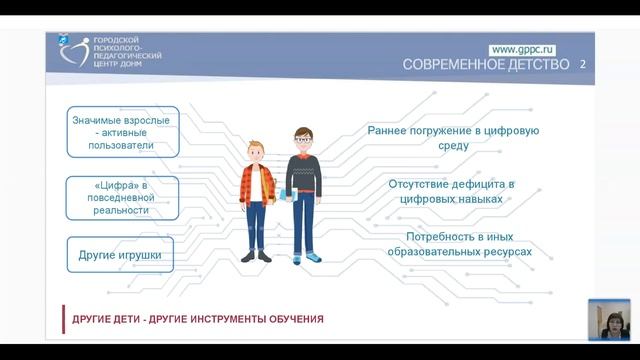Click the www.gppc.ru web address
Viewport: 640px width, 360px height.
pos(523,49)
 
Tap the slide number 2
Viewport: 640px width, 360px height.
pos(583,65)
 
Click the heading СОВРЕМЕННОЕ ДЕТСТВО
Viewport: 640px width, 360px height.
pos(486,65)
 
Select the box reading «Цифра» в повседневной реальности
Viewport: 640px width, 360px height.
pos(122,198)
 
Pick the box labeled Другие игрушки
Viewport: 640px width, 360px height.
pos(120,255)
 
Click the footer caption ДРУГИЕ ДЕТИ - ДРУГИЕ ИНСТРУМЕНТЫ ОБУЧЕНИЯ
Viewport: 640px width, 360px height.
pos(197,319)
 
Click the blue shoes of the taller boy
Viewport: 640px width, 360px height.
pos(312,257)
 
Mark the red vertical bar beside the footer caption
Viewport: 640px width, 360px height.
pos(63,319)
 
